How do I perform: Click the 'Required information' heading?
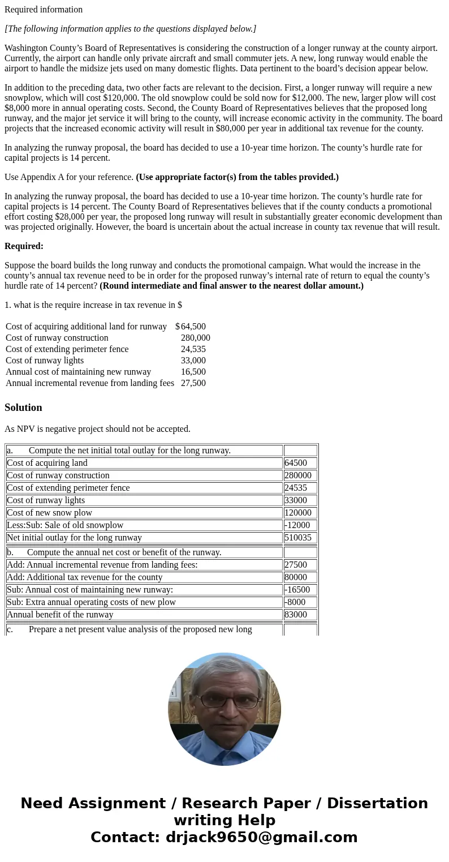[x=44, y=10]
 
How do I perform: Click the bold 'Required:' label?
[x=24, y=246]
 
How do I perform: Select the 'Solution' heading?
[x=23, y=408]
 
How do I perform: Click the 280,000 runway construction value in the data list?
[x=195, y=338]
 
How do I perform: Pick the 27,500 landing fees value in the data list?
[x=193, y=383]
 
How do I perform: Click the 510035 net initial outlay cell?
[x=298, y=538]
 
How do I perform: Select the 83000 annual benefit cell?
[x=296, y=615]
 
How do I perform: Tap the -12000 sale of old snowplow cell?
[x=297, y=525]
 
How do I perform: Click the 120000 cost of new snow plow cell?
[x=298, y=513]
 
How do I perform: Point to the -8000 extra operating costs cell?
[x=296, y=602]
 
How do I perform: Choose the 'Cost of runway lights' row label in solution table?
[x=46, y=500]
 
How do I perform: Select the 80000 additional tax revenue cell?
[x=296, y=577]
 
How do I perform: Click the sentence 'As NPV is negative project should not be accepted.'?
[x=97, y=429]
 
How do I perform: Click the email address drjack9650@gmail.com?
[x=261, y=837]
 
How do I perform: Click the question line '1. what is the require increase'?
[x=93, y=305]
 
